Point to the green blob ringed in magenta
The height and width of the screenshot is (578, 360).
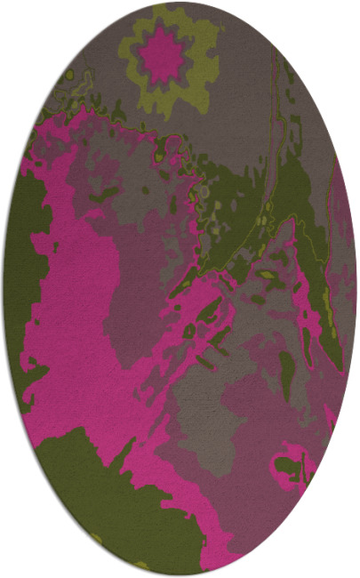pos(289,467)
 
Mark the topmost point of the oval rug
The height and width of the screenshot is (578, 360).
pos(180,3)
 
